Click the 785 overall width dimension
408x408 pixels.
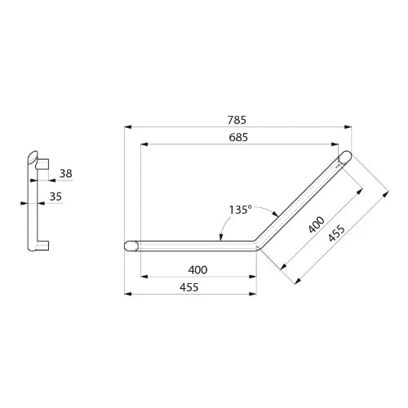point(237,120)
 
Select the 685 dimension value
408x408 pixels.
point(238,137)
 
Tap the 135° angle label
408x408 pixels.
point(240,210)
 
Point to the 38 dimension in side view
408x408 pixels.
point(66,173)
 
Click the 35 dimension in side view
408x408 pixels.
point(55,197)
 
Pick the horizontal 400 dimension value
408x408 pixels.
point(197,270)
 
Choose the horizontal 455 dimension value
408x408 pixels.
point(189,287)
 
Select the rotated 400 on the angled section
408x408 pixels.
point(317,224)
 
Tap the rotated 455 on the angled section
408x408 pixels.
point(336,233)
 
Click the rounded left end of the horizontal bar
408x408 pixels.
point(131,246)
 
